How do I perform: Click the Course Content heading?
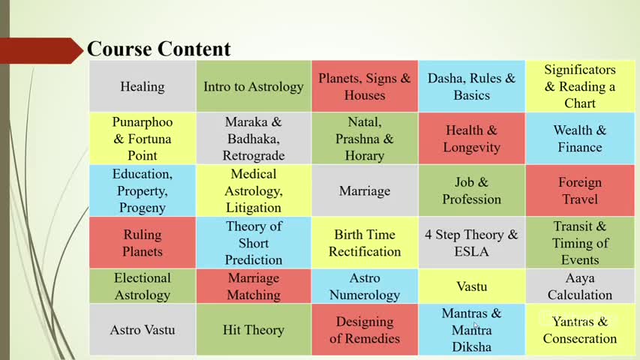(159, 49)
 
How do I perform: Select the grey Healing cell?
(143, 86)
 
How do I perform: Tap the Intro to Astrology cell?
(254, 86)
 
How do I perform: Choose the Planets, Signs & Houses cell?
(365, 86)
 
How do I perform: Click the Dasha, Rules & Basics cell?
(471, 86)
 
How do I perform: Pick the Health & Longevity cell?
(471, 138)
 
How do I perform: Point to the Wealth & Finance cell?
(580, 138)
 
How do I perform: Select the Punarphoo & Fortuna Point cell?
(143, 138)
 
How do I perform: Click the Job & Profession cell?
(471, 190)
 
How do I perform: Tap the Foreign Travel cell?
(580, 190)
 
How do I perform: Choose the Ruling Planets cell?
(143, 243)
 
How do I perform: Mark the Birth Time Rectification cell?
(365, 243)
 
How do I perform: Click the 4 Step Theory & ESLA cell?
(471, 243)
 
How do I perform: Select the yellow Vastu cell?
(471, 286)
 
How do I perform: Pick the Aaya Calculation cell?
(580, 286)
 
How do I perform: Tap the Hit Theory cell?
(254, 330)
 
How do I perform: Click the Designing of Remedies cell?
(365, 330)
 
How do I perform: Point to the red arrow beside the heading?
(41, 50)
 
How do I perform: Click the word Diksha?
(471, 347)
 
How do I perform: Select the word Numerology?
(365, 295)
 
